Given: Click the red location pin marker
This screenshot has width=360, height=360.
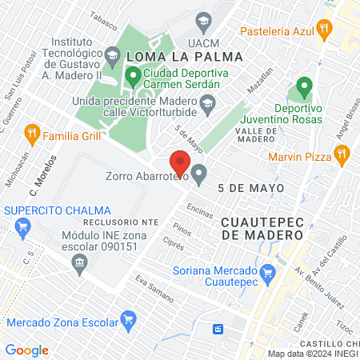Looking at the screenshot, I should point(180,162).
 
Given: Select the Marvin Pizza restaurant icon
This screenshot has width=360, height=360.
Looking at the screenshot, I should point(342,154).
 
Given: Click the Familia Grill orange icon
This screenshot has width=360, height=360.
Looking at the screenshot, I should point(32,133).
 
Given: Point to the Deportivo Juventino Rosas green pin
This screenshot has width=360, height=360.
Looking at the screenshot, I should point(304,86).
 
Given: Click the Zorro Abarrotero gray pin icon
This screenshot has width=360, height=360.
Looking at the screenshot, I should point(199,172).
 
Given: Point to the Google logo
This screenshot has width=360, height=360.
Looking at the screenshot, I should point(26,350).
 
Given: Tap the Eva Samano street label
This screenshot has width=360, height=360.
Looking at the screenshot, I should point(154,288).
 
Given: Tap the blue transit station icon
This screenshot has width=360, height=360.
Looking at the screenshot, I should point(218,329).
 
